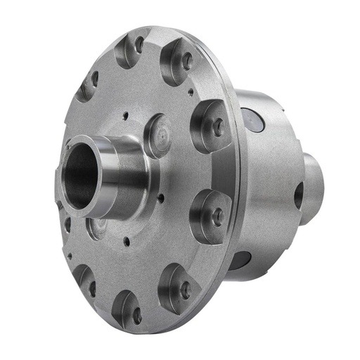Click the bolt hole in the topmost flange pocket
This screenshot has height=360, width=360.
pos(130,49)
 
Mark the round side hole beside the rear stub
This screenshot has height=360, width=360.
pos(298,195)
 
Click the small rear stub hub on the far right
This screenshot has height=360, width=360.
pos(314,186)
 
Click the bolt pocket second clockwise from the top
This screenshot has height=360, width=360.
pos(179,62)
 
